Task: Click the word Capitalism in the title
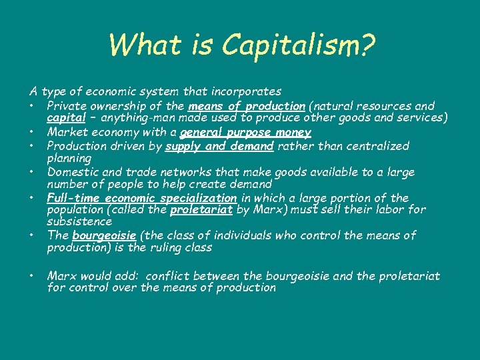[299, 45]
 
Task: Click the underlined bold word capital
[65, 119]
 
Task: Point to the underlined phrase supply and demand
[221, 146]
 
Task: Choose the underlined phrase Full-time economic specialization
[141, 198]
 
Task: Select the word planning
[69, 159]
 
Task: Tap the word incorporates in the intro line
[247, 91]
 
